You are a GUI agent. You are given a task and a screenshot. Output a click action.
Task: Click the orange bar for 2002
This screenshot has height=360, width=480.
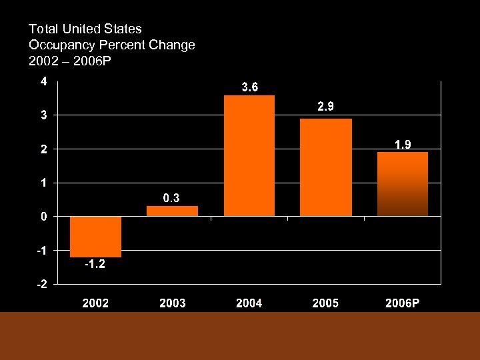point(95,236)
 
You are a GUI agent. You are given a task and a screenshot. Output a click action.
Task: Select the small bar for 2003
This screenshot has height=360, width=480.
point(172,211)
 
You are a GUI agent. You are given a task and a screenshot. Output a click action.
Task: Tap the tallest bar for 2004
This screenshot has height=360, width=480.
point(249,155)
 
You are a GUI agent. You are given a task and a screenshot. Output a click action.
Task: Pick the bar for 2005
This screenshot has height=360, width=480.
point(326,167)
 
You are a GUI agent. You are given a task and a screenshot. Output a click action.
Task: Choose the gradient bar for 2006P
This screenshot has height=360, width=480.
point(403,184)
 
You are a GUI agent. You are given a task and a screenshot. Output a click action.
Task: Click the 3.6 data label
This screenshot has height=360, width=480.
point(249,87)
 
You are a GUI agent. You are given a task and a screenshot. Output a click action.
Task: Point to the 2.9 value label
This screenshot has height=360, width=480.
point(326,107)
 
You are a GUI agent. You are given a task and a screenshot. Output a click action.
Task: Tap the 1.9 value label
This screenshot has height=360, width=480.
point(403,143)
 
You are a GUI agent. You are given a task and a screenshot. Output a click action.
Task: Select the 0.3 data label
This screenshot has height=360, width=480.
point(172,197)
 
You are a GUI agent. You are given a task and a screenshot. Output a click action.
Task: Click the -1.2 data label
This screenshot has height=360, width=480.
point(95,265)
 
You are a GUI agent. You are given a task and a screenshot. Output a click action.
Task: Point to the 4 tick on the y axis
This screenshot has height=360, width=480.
point(43,82)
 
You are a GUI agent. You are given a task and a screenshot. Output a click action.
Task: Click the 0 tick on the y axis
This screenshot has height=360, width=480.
point(43,217)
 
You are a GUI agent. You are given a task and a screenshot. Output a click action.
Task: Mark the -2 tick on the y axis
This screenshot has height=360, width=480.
point(41,284)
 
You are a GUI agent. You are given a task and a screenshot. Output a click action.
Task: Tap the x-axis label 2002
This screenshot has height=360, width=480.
point(95,303)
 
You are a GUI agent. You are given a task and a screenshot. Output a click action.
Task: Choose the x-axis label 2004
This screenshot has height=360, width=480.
point(249,303)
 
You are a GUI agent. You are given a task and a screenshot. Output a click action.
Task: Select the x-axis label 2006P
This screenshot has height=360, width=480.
point(403,303)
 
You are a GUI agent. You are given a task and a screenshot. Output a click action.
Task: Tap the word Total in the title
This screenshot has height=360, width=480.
point(42,29)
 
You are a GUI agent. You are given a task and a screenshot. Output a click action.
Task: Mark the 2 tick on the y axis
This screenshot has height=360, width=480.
point(43,149)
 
